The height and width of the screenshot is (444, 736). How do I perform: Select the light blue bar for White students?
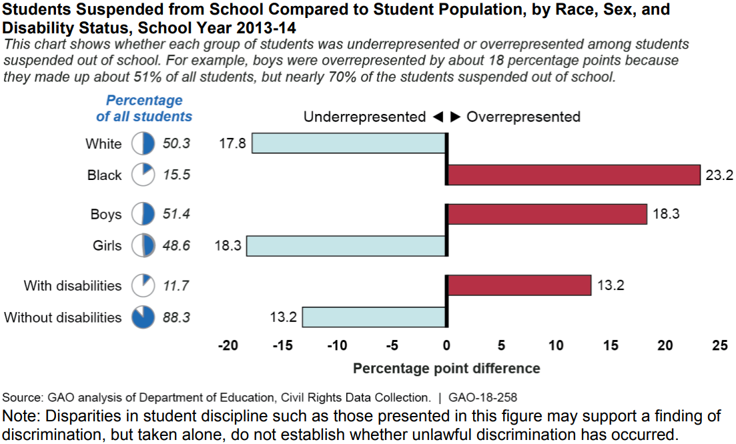click(x=348, y=143)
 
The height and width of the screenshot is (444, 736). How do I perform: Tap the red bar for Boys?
click(x=546, y=214)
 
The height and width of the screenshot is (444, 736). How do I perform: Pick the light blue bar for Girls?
click(x=346, y=245)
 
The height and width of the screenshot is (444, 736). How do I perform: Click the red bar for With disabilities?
click(x=518, y=285)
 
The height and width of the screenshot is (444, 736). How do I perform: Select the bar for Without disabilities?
click(x=374, y=317)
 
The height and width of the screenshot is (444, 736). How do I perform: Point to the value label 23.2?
click(x=719, y=175)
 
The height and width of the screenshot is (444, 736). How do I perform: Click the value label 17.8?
click(x=233, y=143)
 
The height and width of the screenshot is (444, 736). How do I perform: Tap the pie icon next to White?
click(x=143, y=143)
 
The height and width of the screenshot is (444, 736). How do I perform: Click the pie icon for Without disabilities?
click(x=143, y=317)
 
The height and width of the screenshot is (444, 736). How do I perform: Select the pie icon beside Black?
click(x=143, y=175)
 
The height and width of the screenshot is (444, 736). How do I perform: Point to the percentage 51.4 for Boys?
click(x=176, y=215)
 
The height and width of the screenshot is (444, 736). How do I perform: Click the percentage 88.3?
click(x=176, y=318)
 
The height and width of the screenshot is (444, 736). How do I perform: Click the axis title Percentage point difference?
click(x=446, y=368)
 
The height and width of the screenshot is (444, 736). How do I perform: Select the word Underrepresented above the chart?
click(x=364, y=117)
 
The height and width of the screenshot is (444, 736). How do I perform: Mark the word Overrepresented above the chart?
click(x=523, y=117)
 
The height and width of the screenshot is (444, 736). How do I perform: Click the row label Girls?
click(x=107, y=246)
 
